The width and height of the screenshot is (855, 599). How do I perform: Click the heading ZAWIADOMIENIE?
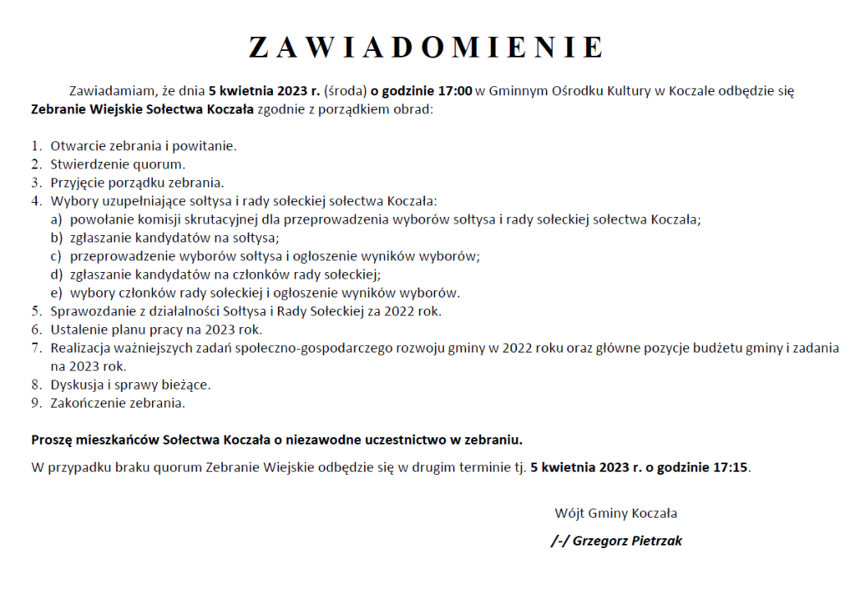point(426,47)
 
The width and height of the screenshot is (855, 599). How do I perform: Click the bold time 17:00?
point(454,91)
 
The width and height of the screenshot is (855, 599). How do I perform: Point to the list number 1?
point(36,146)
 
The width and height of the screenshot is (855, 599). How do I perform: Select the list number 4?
point(36,201)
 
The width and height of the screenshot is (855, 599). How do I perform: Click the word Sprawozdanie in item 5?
point(90,311)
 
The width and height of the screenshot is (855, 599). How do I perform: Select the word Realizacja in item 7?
point(81,348)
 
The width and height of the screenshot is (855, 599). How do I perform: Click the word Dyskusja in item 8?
point(76,385)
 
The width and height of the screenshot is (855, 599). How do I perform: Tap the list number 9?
point(36,403)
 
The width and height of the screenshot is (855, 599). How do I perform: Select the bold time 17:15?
point(730,467)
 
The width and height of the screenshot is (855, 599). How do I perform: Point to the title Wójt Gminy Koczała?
point(615,513)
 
